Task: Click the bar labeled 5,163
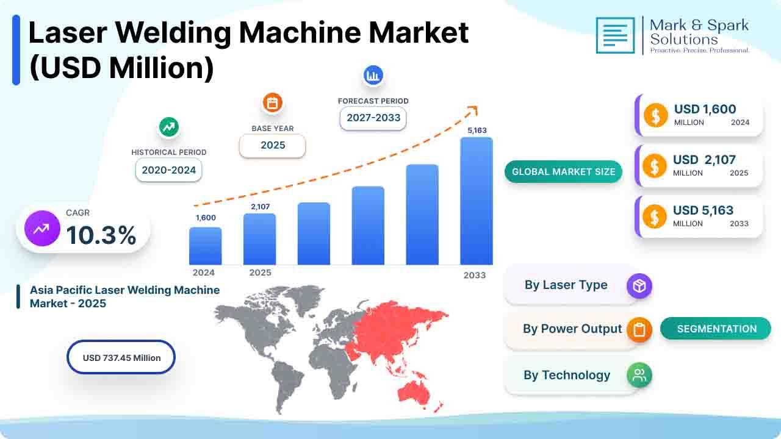coord(477,201)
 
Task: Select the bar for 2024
coord(206,246)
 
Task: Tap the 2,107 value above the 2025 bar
coord(261,207)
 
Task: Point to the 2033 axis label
coord(475,275)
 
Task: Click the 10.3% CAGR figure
coord(101,235)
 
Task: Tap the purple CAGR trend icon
coord(42,229)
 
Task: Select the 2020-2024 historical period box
coord(169,170)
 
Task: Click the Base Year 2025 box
coord(273,145)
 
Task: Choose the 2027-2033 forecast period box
coord(373,118)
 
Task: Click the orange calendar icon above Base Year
coord(272,103)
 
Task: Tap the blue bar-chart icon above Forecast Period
coord(373,75)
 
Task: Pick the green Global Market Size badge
coord(563,171)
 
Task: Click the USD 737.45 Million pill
coord(121,357)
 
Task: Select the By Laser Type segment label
coord(566,285)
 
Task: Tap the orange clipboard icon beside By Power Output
coord(639,329)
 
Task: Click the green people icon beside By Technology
coord(639,375)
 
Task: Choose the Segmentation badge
coord(716,329)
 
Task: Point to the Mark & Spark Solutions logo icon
coord(616,35)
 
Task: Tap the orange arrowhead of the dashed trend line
coord(473,110)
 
